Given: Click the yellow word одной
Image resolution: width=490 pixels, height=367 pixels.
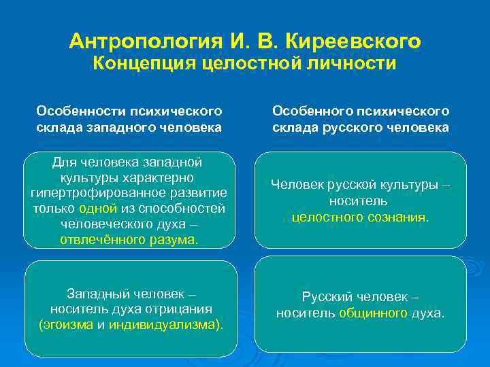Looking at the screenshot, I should (98, 209).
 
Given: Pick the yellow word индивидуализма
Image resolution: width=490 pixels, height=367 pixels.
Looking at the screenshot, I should (163, 325).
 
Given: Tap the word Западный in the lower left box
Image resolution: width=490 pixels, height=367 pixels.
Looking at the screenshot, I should (96, 294).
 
